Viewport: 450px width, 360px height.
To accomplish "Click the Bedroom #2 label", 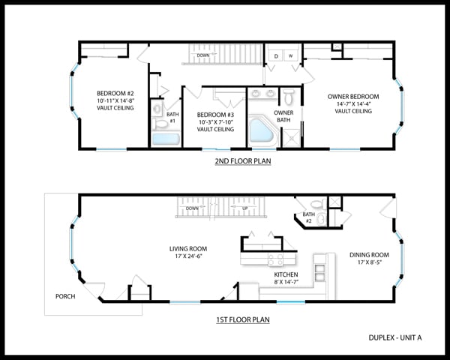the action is click(x=115, y=93).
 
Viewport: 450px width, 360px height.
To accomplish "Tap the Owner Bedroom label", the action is click(x=353, y=97).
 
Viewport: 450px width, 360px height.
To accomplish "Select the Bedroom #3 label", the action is click(x=215, y=115).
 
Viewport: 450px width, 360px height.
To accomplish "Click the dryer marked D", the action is click(x=276, y=55).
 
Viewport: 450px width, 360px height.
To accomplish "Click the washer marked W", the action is click(x=291, y=55).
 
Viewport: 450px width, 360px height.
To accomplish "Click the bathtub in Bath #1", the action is click(x=166, y=139).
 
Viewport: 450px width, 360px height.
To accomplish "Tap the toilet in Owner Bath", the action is click(x=289, y=97).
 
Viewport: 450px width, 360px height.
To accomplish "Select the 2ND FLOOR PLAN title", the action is click(x=243, y=161).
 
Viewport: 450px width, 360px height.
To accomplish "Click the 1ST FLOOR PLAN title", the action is click(x=243, y=319).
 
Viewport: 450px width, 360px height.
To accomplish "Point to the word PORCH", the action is click(x=65, y=296).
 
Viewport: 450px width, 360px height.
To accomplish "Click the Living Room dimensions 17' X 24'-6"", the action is click(x=188, y=256).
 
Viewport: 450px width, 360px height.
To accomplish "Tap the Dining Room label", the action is click(x=369, y=255).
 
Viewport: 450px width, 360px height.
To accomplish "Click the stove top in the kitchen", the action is click(x=276, y=259).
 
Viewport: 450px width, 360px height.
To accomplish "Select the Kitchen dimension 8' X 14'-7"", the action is click(x=286, y=282).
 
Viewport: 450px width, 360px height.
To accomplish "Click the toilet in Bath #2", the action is click(x=318, y=204).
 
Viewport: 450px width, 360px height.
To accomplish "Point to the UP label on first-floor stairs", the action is click(x=245, y=208).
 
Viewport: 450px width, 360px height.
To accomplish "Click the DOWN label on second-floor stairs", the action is click(x=203, y=55).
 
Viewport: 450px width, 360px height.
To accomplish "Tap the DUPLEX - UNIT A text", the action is click(x=395, y=338).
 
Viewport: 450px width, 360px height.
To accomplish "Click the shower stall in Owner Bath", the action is click(x=292, y=138).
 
